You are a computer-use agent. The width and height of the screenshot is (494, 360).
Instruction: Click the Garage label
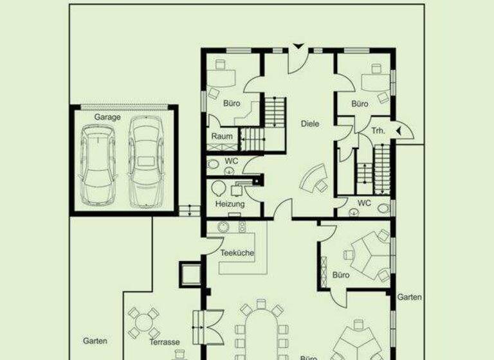pyautogui.click(x=107, y=118)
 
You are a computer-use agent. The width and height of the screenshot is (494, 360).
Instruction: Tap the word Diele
pyautogui.click(x=310, y=124)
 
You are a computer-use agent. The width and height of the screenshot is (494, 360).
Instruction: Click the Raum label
pyautogui.click(x=222, y=137)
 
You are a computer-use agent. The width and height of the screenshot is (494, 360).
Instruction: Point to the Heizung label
pyautogui.click(x=230, y=204)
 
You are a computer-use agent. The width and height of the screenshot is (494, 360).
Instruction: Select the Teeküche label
pyautogui.click(x=237, y=253)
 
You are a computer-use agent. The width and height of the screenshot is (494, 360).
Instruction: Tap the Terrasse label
pyautogui.click(x=164, y=342)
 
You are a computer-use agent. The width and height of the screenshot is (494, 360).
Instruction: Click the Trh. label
pyautogui.click(x=378, y=131)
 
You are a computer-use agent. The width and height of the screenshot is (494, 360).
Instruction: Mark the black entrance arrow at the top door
pyautogui.click(x=298, y=47)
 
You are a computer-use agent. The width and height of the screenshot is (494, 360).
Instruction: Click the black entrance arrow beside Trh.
pyautogui.click(x=399, y=131)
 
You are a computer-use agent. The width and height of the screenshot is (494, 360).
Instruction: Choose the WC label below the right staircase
pyautogui.click(x=364, y=203)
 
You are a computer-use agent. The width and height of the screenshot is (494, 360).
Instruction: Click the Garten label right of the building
pyautogui.click(x=409, y=297)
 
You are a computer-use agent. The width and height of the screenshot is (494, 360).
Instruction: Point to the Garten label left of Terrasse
pyautogui.click(x=95, y=341)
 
